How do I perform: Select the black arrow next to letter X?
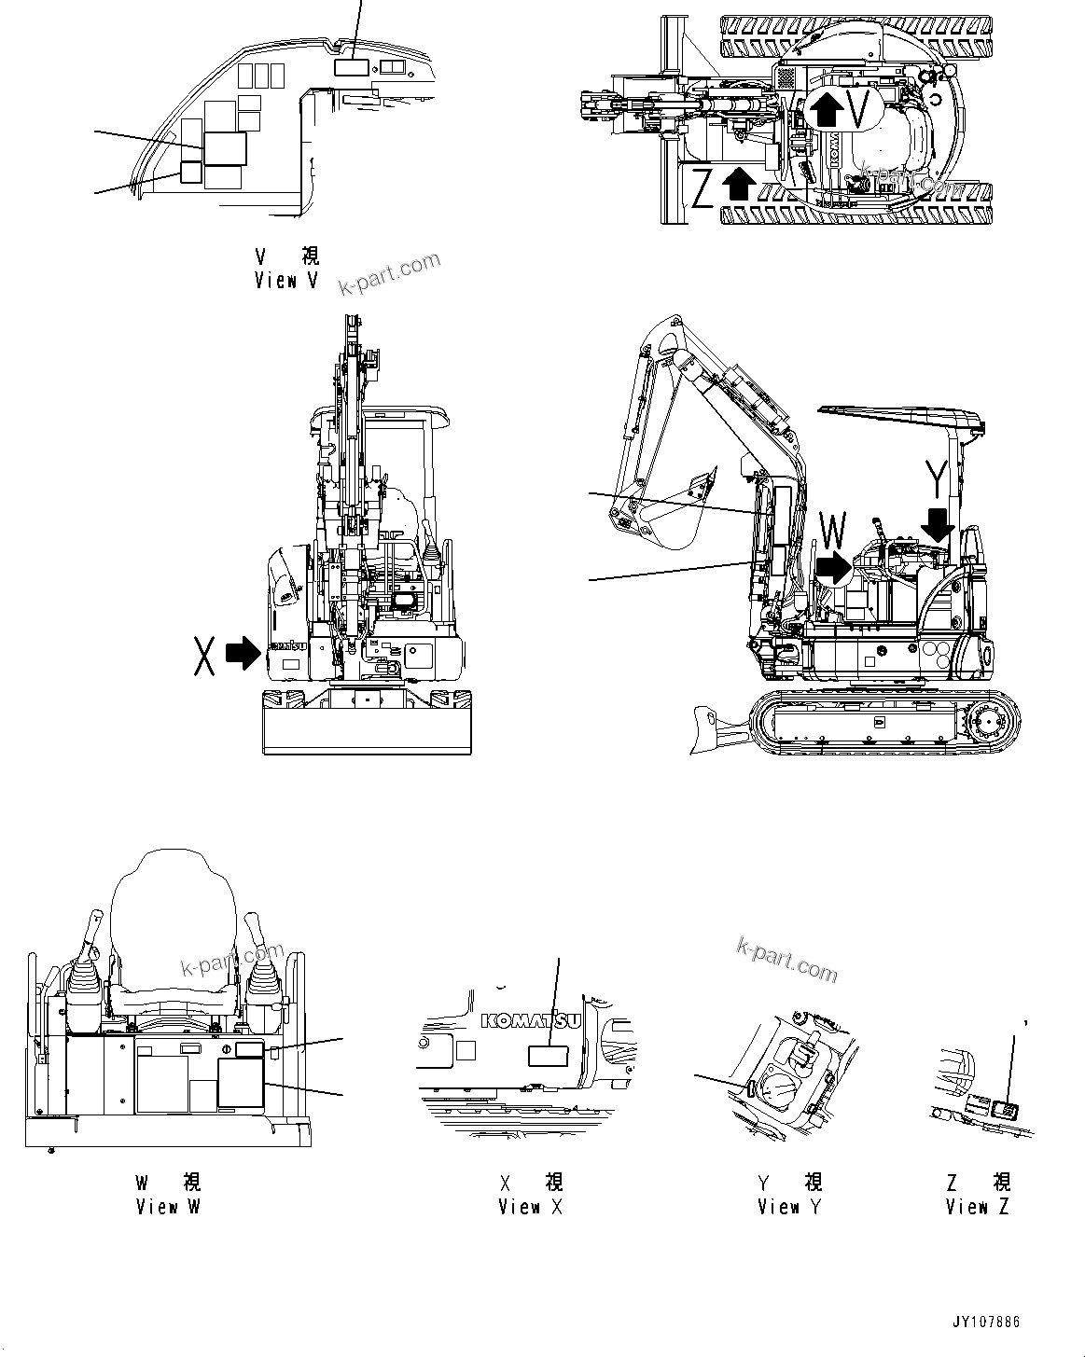pyautogui.click(x=245, y=652)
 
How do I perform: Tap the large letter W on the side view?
pyautogui.click(x=832, y=532)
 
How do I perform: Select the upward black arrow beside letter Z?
pyautogui.click(x=739, y=183)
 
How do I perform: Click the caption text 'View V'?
pyautogui.click(x=276, y=280)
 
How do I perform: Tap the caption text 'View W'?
pyautogui.click(x=168, y=1206)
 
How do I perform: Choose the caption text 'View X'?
pyautogui.click(x=530, y=1206)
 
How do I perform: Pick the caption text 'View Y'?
pyautogui.click(x=789, y=1206)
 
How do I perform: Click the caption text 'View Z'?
pyautogui.click(x=977, y=1206)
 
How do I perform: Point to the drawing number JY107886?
pyautogui.click(x=986, y=1322)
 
